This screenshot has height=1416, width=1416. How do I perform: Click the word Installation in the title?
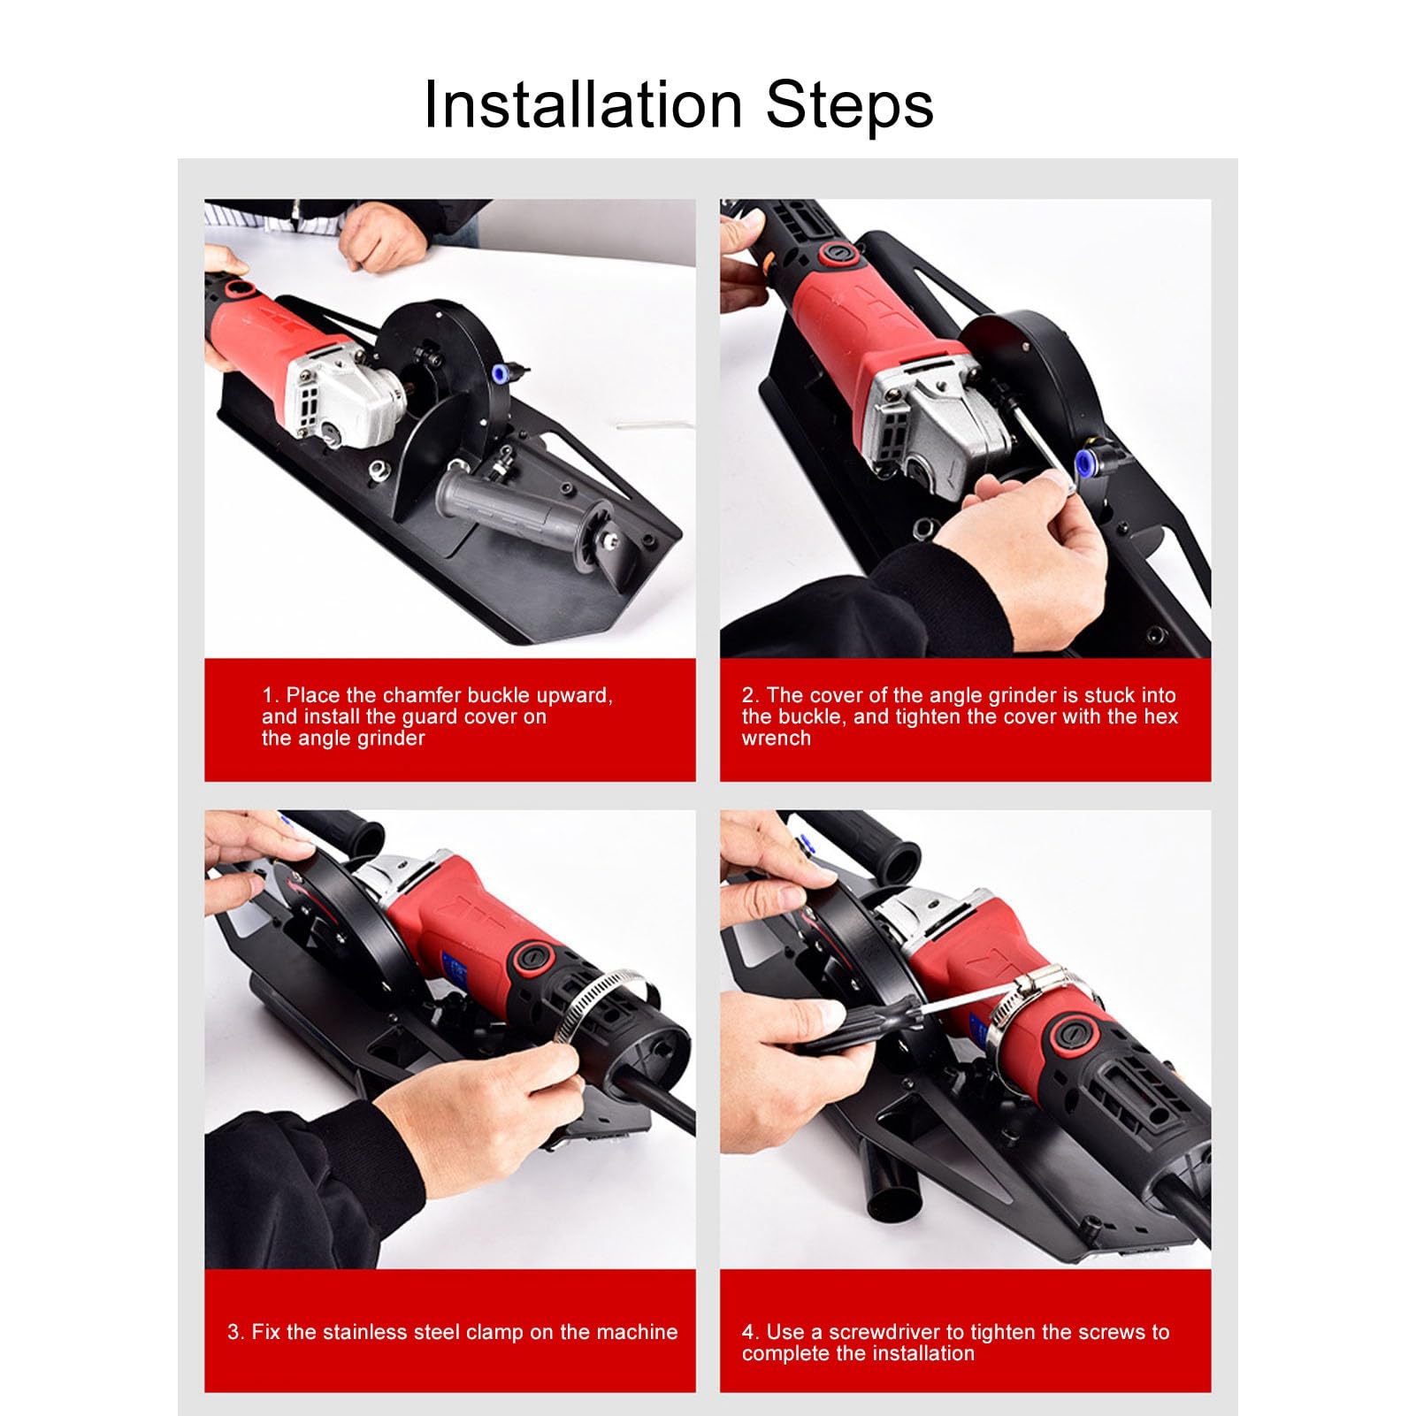(x=582, y=105)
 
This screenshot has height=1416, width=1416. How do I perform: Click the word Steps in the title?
(x=849, y=105)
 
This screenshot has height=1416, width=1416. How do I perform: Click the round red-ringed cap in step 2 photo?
(x=834, y=255)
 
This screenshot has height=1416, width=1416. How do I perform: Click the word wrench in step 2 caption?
(x=776, y=739)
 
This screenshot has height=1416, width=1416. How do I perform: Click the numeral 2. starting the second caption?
(x=750, y=695)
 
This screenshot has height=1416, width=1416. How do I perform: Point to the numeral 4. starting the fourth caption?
(x=750, y=1332)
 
